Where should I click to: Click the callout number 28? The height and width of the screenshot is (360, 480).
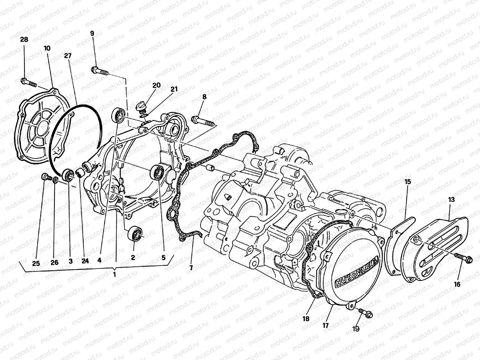pyautogui.click(x=24, y=40)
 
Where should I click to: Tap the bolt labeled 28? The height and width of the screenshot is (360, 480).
pyautogui.click(x=28, y=82)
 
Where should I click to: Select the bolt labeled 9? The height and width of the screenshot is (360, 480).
pyautogui.click(x=99, y=71)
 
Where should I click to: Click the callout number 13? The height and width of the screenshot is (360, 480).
pyautogui.click(x=451, y=199)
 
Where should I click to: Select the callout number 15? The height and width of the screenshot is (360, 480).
pyautogui.click(x=407, y=182)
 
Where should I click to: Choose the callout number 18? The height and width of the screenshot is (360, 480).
pyautogui.click(x=306, y=319)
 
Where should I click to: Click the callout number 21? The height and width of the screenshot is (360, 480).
pyautogui.click(x=174, y=89)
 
